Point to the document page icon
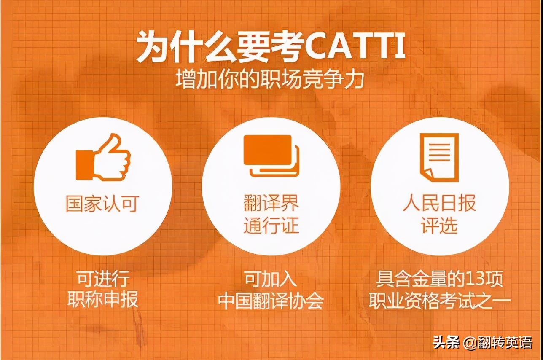tap(439, 157)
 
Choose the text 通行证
tap(271, 226)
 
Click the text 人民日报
tap(439, 203)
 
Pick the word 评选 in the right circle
tap(439, 226)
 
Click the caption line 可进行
tap(103, 279)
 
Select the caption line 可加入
tap(271, 279)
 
